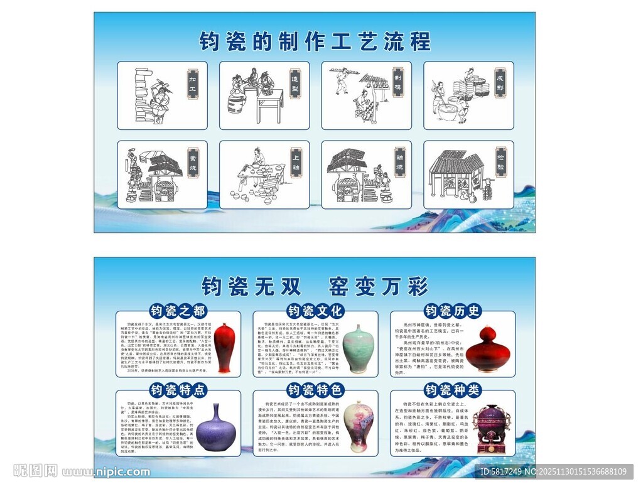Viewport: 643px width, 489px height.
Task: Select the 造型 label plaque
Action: (x=294, y=85)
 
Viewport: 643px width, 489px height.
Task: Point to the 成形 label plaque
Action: (x=500, y=83)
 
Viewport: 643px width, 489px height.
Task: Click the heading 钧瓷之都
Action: (x=178, y=311)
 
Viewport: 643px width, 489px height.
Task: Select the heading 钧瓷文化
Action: (x=315, y=311)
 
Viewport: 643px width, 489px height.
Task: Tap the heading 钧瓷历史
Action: (x=453, y=311)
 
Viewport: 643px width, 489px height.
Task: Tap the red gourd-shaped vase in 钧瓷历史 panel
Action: (x=490, y=349)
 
